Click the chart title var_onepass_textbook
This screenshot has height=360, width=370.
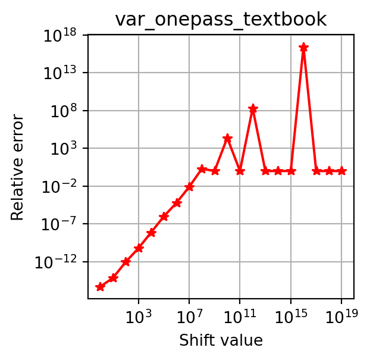click(221, 19)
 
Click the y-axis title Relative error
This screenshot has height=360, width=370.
click(18, 167)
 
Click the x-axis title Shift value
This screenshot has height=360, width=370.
click(221, 340)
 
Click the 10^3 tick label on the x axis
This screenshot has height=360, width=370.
click(139, 314)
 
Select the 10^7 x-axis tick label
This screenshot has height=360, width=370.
click(189, 314)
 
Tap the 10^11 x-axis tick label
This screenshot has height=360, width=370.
click(240, 314)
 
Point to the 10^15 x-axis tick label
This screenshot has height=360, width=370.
click(290, 314)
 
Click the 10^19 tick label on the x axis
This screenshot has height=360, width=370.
click(341, 314)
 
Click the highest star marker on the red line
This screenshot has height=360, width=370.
click(303, 47)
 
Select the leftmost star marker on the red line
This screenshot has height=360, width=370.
click(100, 287)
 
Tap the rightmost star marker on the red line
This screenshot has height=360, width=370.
click(341, 171)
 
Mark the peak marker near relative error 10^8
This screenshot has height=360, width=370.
click(253, 109)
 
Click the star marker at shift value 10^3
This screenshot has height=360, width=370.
click(139, 248)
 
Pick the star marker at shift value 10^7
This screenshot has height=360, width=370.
click(189, 187)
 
